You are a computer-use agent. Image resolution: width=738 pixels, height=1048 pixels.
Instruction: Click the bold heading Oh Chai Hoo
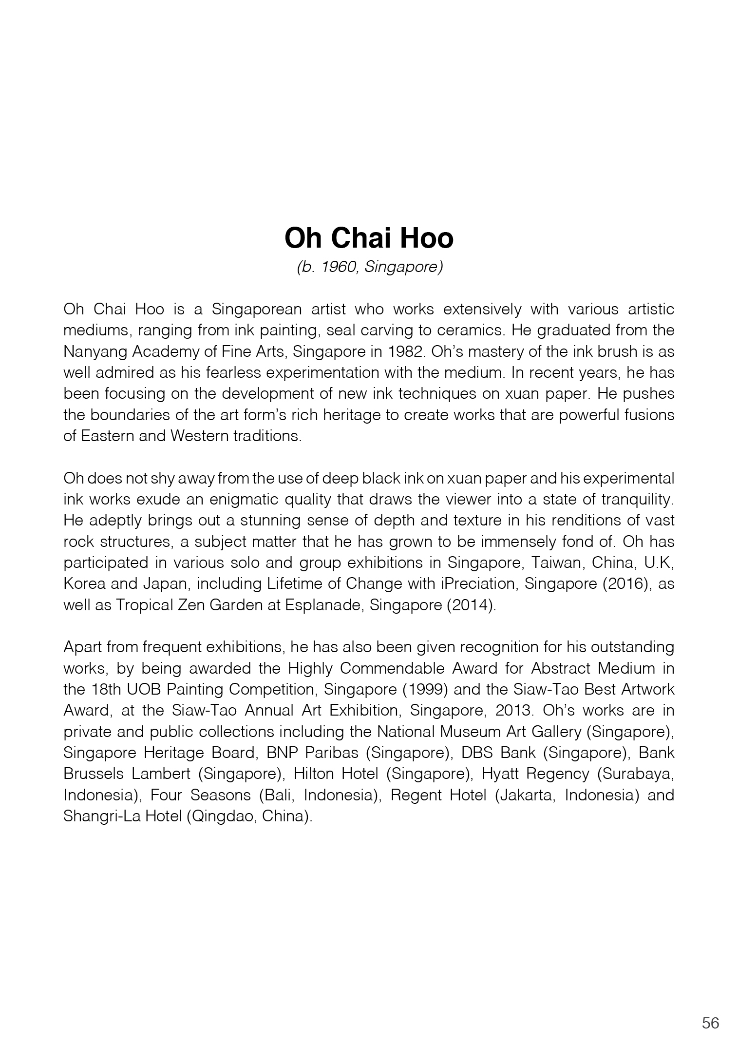(x=369, y=238)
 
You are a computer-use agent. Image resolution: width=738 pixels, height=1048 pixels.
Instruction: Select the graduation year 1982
(x=400, y=351)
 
